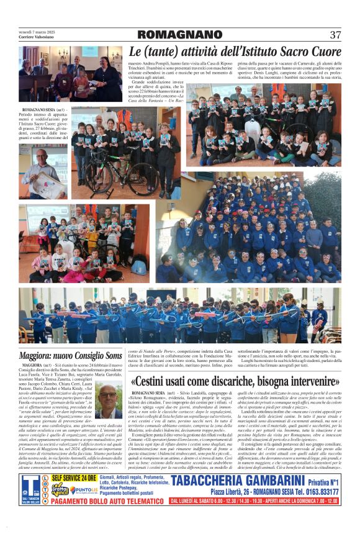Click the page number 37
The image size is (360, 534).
[335, 35]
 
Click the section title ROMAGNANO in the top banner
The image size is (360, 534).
[180, 35]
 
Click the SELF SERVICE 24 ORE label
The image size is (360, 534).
[74, 476]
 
